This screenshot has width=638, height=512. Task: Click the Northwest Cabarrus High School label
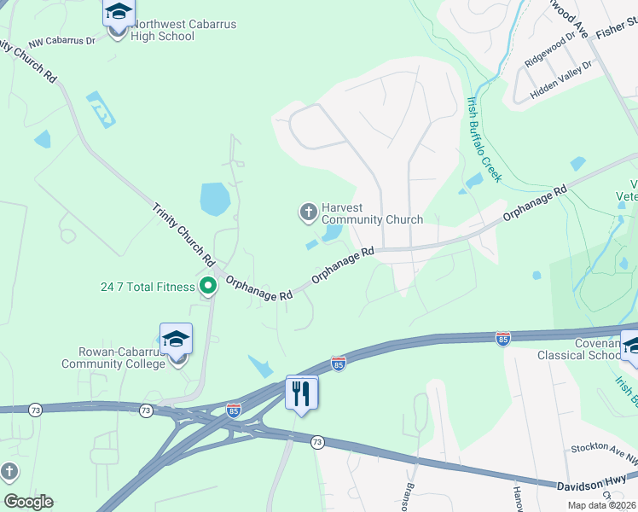tap(183, 31)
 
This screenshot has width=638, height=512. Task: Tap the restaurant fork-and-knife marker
tap(302, 393)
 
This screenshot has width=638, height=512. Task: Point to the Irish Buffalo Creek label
tap(483, 138)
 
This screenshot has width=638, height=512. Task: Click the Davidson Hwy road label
tap(596, 485)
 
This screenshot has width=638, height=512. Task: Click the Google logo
tap(28, 502)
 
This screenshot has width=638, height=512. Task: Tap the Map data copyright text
tap(602, 505)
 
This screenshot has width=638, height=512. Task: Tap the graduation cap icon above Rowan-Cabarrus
tap(176, 340)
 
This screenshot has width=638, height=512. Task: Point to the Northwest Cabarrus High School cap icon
tap(119, 13)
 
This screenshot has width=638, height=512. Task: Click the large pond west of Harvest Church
tap(215, 200)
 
